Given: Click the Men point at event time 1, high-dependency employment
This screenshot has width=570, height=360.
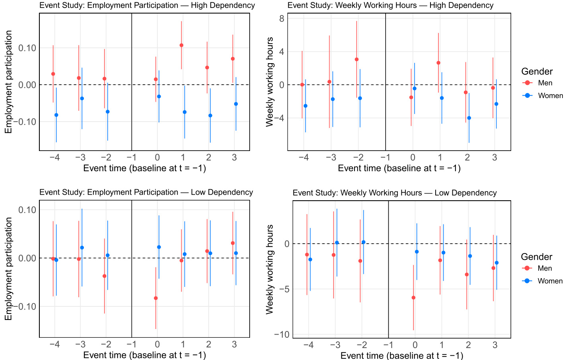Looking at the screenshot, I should click(x=181, y=45).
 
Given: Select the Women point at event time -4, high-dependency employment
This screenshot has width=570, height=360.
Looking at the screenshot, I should click(x=56, y=115).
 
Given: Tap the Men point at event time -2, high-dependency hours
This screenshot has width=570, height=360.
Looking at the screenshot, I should click(x=357, y=60).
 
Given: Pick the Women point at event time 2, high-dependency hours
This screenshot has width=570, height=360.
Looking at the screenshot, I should click(x=469, y=118).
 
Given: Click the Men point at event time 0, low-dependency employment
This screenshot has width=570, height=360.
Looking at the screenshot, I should click(x=156, y=298).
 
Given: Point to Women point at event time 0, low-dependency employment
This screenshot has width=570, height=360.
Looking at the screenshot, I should click(x=159, y=247).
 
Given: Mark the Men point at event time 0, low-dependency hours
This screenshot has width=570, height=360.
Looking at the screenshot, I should click(x=413, y=298).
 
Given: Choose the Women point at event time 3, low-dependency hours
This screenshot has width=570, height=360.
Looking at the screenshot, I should click(x=496, y=263).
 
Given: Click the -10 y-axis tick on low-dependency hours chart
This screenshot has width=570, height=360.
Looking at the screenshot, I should click(x=281, y=334).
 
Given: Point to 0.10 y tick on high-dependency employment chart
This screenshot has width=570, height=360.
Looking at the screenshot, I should click(x=27, y=48).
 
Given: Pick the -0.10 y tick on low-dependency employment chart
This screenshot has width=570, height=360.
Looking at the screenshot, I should click(x=25, y=306).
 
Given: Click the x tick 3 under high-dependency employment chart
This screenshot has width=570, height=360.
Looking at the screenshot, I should click(x=234, y=157).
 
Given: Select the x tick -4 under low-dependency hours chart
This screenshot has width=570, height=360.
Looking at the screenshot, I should click(x=308, y=345).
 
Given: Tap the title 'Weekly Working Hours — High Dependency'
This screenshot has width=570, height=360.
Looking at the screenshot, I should click(x=390, y=5).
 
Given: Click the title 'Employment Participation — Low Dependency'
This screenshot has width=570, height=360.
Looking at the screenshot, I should click(x=146, y=192).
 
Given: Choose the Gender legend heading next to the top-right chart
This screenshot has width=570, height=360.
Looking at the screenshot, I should click(x=537, y=72).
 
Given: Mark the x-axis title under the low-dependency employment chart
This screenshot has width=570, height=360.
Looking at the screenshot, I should click(x=145, y=355).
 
